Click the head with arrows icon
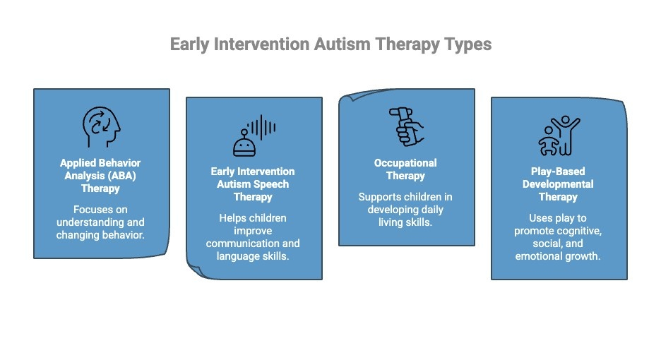102,125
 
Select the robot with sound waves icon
254,136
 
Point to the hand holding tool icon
406,126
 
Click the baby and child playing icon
559,136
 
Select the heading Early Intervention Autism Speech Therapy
253,184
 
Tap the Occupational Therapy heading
405,169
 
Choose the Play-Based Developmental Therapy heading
558,184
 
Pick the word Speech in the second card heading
271,184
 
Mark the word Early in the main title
191,44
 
